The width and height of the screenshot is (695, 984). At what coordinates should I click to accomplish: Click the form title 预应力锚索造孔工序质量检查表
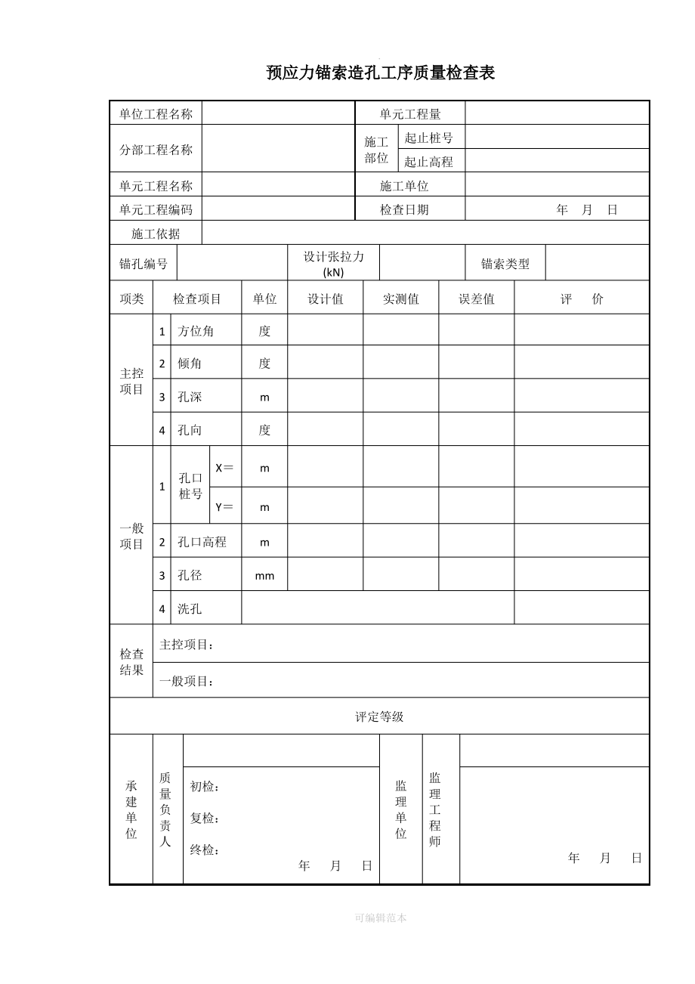381,73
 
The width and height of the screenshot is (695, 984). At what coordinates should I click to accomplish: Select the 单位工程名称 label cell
156,114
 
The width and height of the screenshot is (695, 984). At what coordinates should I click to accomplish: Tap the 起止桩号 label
428,138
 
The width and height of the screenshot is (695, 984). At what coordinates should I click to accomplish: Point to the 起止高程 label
428,161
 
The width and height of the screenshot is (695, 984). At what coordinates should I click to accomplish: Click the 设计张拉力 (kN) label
333,264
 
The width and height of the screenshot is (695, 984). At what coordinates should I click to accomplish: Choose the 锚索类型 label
505,264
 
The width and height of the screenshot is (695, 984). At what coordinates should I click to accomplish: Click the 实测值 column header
401,299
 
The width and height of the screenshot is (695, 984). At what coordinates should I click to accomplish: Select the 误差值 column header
477,299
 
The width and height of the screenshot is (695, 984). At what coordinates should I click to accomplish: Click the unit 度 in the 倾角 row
264,364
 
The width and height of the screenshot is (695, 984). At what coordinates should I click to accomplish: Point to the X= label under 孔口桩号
224,468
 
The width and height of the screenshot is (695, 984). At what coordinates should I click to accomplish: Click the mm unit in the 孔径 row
264,576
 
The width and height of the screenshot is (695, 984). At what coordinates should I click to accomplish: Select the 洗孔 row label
190,608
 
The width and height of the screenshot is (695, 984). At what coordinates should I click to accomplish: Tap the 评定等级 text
379,716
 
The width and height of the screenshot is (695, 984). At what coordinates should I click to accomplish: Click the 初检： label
204,787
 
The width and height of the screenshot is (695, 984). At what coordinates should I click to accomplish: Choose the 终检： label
204,850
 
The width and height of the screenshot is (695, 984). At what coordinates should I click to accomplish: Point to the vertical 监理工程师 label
435,809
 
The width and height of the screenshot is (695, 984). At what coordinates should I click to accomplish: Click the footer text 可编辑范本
381,917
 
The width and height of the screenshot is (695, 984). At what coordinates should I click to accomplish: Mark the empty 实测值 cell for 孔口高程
401,542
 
